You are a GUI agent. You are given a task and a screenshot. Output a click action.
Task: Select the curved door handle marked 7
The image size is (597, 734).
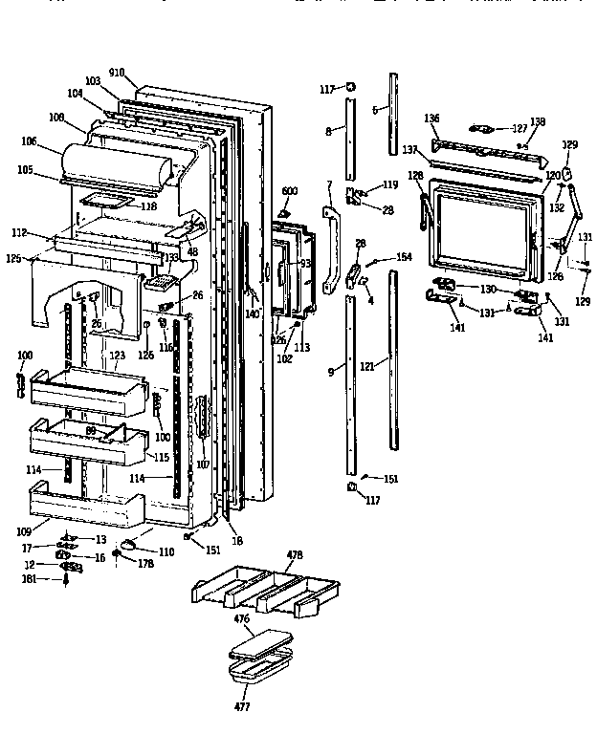click(x=332, y=248)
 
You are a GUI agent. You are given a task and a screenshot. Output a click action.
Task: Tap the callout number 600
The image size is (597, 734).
click(x=289, y=191)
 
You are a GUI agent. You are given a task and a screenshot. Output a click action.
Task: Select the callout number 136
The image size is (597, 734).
click(x=432, y=119)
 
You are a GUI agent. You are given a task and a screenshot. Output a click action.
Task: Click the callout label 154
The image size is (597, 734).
click(x=403, y=257)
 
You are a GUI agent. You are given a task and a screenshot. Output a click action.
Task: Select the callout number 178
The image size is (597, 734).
click(x=146, y=565)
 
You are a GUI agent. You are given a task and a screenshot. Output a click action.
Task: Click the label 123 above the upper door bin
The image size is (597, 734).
click(x=117, y=355)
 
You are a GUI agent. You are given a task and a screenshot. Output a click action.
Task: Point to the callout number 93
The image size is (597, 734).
click(x=306, y=263)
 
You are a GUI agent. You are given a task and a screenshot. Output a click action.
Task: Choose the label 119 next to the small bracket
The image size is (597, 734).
click(x=390, y=184)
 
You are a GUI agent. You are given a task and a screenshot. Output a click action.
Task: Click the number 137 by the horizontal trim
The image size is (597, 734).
click(x=411, y=150)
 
